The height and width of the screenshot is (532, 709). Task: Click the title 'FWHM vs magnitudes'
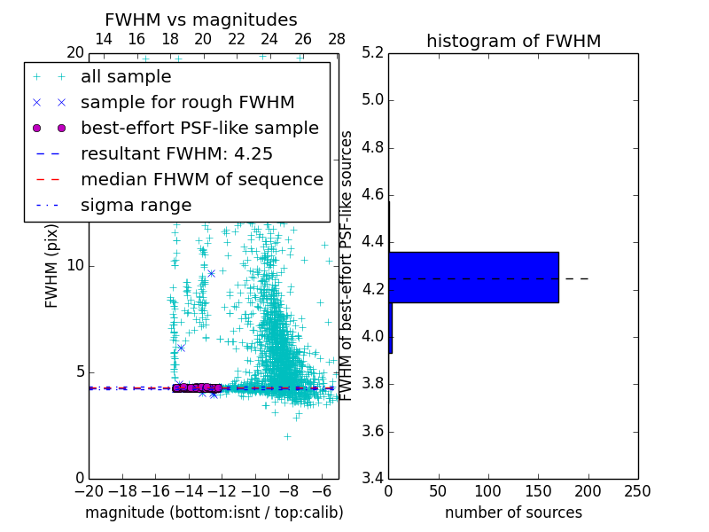tap(201, 20)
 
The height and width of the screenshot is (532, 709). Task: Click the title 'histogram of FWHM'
tap(513, 41)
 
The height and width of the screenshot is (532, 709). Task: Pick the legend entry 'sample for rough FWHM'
tap(187, 102)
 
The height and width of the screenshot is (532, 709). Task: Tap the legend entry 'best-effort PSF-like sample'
tap(199, 128)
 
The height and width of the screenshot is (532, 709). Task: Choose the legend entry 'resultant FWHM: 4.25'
tap(176, 153)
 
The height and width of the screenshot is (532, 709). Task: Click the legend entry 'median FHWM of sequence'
tap(201, 179)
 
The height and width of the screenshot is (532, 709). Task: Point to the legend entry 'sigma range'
tap(136, 205)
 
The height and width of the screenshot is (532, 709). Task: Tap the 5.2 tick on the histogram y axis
tap(372, 52)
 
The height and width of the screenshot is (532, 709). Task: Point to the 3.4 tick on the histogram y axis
tap(372, 479)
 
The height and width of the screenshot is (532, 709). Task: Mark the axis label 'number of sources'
tap(513, 512)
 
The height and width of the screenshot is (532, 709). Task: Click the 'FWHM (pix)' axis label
tap(52, 265)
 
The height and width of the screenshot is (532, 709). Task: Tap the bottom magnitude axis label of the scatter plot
tap(214, 512)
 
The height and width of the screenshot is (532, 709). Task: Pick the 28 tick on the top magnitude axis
tap(337, 39)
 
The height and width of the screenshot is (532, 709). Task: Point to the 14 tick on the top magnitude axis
tap(103, 39)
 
